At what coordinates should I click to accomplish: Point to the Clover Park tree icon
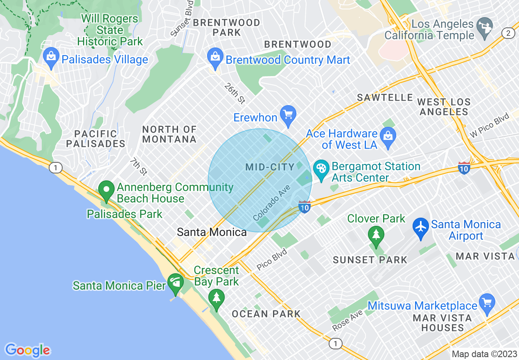(375, 235)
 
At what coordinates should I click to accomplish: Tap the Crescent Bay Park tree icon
(216, 297)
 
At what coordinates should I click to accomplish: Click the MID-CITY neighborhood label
(270, 167)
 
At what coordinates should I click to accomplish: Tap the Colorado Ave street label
(271, 203)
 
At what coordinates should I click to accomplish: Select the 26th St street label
(235, 93)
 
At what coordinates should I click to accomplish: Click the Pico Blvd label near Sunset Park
(272, 259)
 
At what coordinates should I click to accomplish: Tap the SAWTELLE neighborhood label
(385, 97)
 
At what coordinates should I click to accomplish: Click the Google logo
(28, 350)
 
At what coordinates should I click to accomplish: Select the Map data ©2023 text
(484, 354)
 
